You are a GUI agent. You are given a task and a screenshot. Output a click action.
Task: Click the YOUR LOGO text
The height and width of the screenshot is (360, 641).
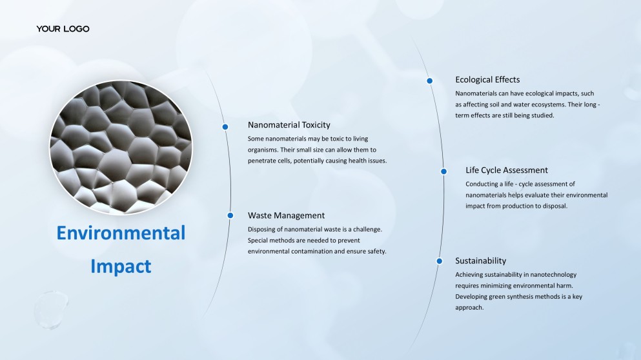click(x=63, y=28)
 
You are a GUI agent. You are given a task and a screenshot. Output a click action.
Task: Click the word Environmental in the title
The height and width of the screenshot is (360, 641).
click(x=121, y=233)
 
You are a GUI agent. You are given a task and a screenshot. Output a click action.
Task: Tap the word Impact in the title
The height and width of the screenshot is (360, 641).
click(x=121, y=266)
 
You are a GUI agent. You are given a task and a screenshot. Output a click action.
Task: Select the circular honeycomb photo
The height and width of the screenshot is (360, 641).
click(x=121, y=147)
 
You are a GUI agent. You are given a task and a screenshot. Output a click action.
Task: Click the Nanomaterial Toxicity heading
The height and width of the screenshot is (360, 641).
click(x=289, y=125)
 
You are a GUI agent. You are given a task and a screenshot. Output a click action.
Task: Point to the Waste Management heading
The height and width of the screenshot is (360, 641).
click(x=286, y=215)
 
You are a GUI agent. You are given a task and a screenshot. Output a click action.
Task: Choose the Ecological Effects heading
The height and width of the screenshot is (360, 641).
click(x=488, y=80)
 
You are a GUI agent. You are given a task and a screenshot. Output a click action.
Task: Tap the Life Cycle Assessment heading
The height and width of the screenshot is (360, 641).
click(x=507, y=170)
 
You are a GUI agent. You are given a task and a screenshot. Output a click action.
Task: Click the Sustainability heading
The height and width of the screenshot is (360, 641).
click(x=481, y=261)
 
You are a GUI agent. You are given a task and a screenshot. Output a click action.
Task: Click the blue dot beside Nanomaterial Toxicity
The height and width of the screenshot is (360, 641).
click(x=225, y=126)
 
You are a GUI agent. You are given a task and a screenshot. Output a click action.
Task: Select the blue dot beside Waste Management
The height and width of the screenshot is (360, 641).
click(x=230, y=215)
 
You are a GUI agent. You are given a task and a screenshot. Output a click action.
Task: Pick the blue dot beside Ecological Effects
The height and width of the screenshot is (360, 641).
click(x=430, y=81)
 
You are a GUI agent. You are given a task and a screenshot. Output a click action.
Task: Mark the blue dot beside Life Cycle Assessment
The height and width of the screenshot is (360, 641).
click(x=443, y=171)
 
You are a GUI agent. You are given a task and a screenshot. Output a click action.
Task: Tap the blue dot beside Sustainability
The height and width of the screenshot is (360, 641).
click(x=440, y=261)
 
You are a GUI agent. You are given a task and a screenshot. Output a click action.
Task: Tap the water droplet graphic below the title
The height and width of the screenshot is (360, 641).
click(x=51, y=310)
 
